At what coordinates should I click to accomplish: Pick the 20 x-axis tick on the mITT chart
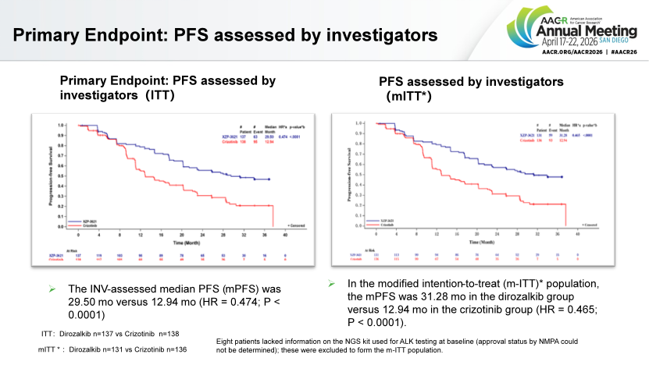pyautogui.click(x=477, y=234)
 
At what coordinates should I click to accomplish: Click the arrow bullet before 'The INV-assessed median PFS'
pyautogui.click(x=51, y=288)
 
